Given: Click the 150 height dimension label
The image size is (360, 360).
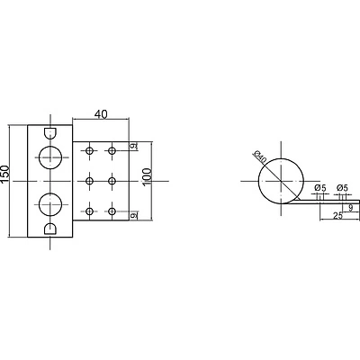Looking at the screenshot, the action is pyautogui.click(x=5, y=175).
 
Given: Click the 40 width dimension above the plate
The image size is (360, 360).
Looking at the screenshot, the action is pyautogui.click(x=101, y=114).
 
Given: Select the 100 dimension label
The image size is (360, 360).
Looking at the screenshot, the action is pyautogui.click(x=148, y=177).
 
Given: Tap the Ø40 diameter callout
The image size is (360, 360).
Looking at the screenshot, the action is pyautogui.click(x=260, y=157).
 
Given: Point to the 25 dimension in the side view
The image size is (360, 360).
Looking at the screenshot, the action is pyautogui.click(x=338, y=215).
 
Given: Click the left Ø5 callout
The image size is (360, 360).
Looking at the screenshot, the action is pyautogui.click(x=320, y=188).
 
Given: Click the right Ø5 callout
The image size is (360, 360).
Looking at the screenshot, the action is pyautogui.click(x=342, y=188).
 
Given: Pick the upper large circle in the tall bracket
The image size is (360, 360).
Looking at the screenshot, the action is pyautogui.click(x=50, y=157).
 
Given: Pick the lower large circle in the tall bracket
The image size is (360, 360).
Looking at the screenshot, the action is pyautogui.click(x=50, y=204).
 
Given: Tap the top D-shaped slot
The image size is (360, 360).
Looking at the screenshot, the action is pyautogui.click(x=50, y=133).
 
